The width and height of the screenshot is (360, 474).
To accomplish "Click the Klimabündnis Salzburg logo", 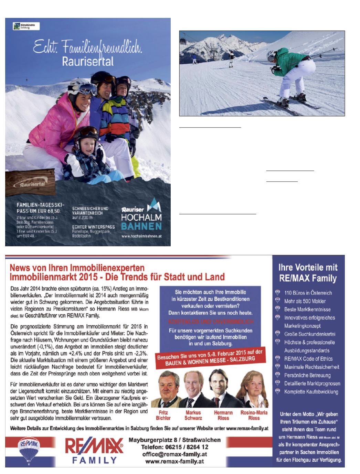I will (26, 26).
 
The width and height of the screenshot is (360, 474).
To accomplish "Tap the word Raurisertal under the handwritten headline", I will (88, 61).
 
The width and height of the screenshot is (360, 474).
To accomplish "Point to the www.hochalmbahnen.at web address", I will (141, 236).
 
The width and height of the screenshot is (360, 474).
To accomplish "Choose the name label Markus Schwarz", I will (193, 415).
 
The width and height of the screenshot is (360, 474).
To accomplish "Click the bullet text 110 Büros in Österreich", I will (308, 293).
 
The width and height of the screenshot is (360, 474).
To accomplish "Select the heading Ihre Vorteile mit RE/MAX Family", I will (308, 273).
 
